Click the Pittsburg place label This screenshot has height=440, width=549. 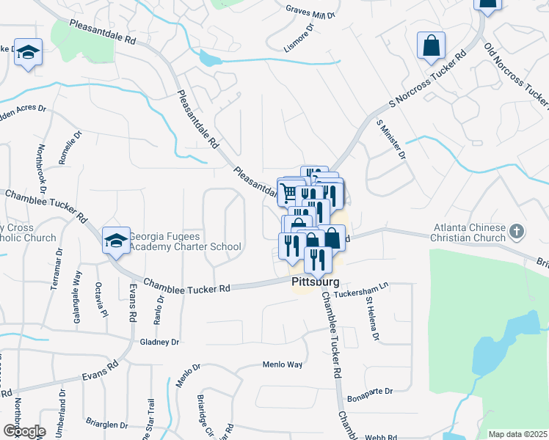[x=316, y=282]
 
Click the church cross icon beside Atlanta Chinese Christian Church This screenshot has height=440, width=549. [x=517, y=232]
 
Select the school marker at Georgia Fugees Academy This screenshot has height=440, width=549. [x=116, y=240]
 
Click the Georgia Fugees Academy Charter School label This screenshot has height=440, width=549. [x=185, y=241]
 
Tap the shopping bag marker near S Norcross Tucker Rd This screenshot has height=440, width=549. [x=431, y=45]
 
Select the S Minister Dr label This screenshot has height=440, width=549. [x=390, y=139]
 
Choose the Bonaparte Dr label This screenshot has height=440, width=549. [x=371, y=392]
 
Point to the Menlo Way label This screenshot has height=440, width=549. [x=283, y=364]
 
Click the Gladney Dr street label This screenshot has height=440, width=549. [x=159, y=342]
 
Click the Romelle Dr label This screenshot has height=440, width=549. [x=74, y=146]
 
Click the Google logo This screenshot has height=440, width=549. [x=24, y=430]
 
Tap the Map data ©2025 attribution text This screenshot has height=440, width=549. [x=517, y=434]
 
